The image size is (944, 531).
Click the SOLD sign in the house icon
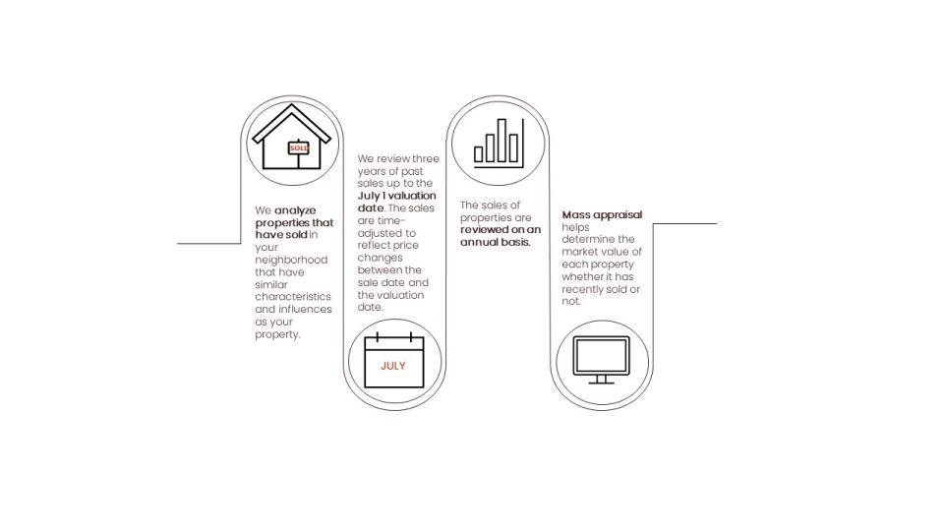[x=299, y=148]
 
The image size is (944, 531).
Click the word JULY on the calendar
[x=393, y=366]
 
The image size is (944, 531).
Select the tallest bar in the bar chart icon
[x=501, y=141]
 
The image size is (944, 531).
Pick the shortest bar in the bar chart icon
[x=479, y=154]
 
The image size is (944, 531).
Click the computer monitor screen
[x=602, y=356]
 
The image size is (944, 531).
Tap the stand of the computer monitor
[x=602, y=380]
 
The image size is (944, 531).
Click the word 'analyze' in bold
[x=296, y=210]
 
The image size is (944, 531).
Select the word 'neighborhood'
[x=291, y=260]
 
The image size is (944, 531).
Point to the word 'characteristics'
[x=293, y=297]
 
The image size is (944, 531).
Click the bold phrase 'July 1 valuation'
[x=396, y=196]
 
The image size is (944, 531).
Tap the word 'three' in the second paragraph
[x=426, y=159]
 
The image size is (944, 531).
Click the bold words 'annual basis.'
[x=496, y=242]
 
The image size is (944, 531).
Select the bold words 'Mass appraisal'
[x=602, y=215]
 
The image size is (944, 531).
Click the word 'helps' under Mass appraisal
[x=575, y=227]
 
